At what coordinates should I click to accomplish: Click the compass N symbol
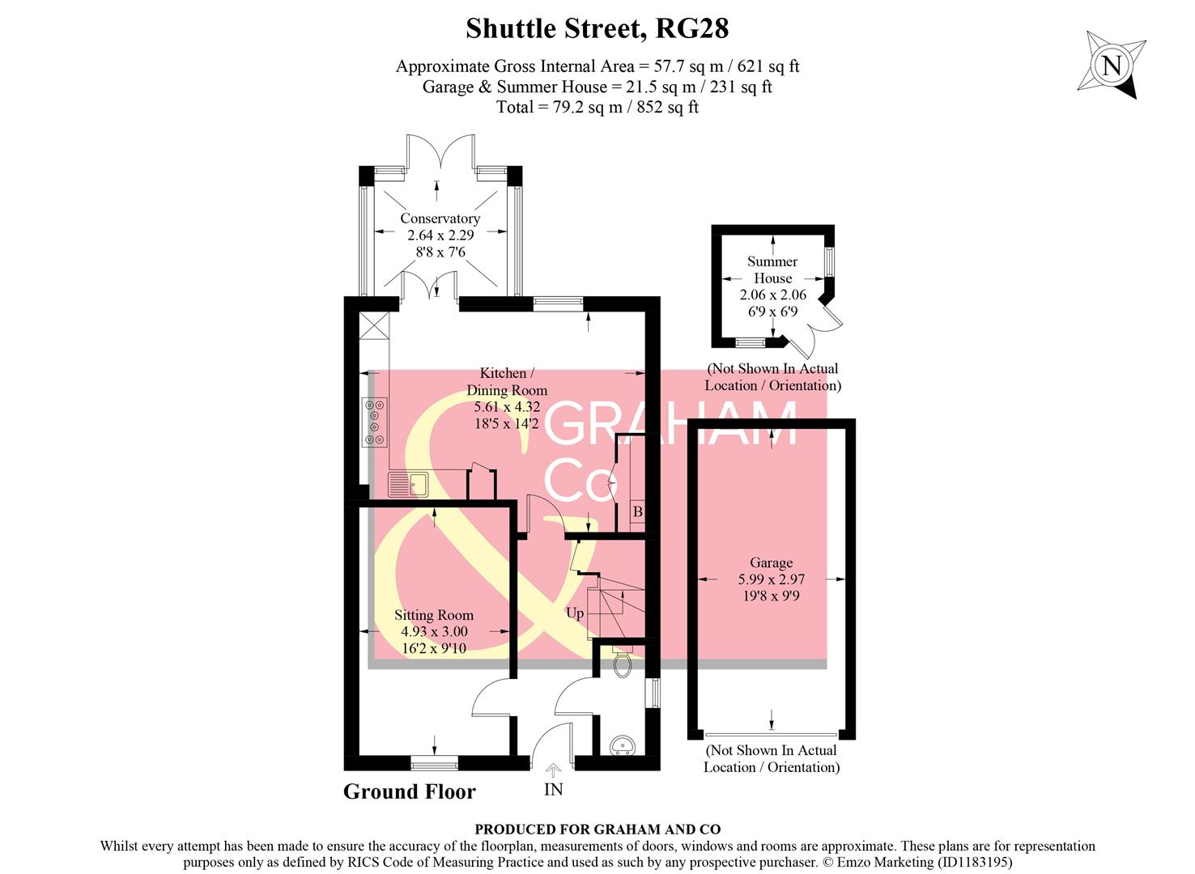[x=1112, y=66]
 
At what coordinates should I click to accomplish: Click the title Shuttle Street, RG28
[x=597, y=28]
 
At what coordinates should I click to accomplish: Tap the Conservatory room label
[x=440, y=218]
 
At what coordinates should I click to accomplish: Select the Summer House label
[x=772, y=269]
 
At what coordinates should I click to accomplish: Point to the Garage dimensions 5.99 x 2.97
[x=771, y=579]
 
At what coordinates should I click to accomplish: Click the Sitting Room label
[x=434, y=615]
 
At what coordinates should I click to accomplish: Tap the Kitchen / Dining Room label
[x=507, y=381]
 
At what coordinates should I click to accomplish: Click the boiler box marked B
[x=637, y=512]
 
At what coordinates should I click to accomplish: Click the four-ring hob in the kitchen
[x=375, y=422]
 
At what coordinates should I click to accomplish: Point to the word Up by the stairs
[x=575, y=613]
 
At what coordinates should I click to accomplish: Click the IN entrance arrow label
[x=553, y=789]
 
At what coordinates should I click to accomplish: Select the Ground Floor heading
[x=409, y=791]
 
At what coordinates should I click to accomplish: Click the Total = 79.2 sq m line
[x=597, y=107]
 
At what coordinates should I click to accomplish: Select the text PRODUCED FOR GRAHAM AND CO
[x=597, y=829]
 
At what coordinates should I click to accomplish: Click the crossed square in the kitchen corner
[x=374, y=327]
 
